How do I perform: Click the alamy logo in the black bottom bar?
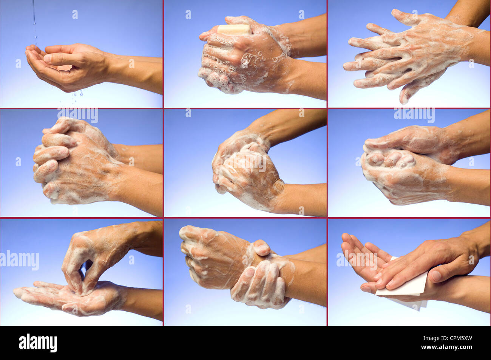38,343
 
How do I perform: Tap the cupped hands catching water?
64,66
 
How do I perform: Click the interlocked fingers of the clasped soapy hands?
53,155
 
